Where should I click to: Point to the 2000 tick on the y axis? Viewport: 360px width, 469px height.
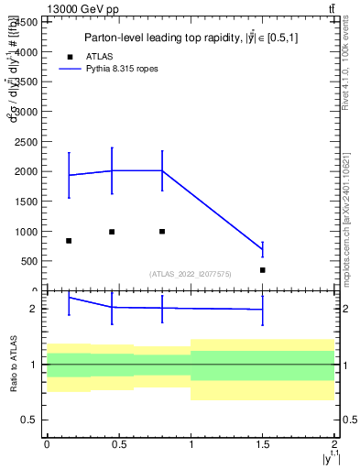(28, 171)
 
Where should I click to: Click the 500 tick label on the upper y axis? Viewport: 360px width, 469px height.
(31, 261)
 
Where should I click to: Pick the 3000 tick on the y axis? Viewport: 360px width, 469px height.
(28, 112)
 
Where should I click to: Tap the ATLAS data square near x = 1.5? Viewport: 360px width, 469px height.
(263, 270)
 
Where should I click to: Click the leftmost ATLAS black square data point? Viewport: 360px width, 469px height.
(69, 241)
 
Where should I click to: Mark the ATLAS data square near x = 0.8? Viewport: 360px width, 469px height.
(162, 232)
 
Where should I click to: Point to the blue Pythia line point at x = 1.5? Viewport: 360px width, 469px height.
(263, 250)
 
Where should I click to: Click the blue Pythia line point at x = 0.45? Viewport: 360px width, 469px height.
(112, 170)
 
